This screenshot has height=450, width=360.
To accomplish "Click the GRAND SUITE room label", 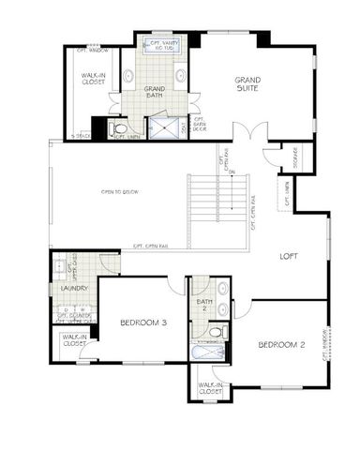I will point(247,86).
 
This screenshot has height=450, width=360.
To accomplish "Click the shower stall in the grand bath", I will point(171,127).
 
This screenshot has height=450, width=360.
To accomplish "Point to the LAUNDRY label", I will point(73,289).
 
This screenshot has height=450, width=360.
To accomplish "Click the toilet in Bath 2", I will point(216,330).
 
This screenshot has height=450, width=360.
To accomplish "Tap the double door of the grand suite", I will point(244,132).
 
